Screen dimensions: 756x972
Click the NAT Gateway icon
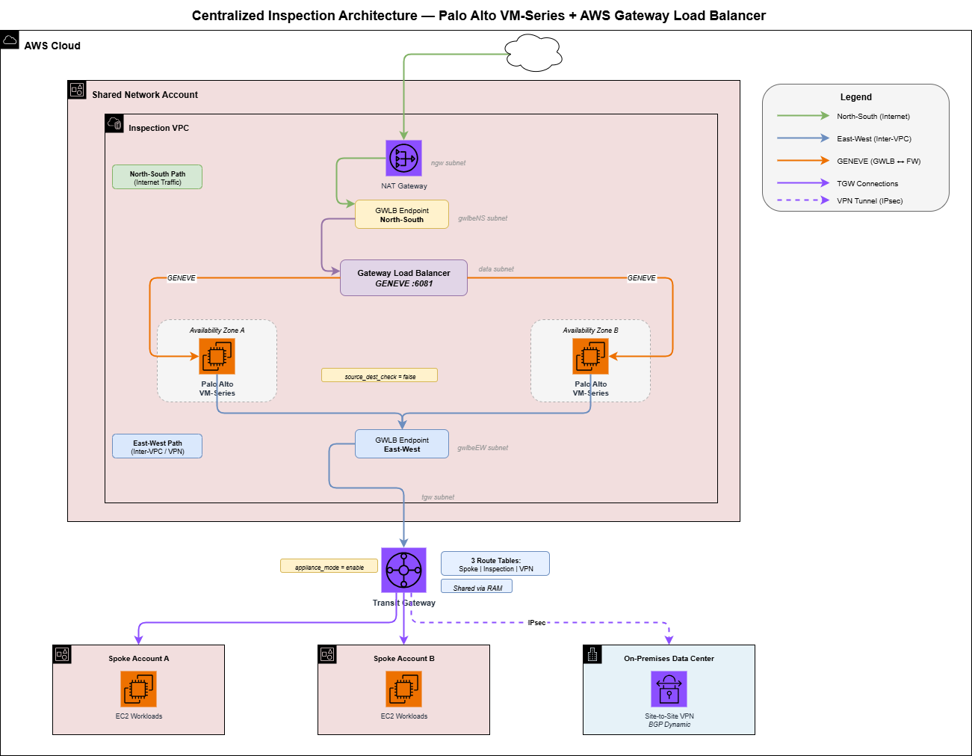click(403, 158)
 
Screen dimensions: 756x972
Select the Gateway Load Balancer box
click(403, 278)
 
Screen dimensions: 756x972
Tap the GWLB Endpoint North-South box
click(402, 215)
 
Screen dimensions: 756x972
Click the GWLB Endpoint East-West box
click(402, 444)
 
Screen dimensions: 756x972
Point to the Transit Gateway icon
click(403, 570)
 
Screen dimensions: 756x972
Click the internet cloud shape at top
click(533, 53)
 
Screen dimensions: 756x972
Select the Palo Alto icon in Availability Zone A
click(217, 356)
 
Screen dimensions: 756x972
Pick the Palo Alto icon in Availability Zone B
click(590, 356)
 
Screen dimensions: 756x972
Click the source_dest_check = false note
click(380, 375)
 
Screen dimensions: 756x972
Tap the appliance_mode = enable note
click(329, 566)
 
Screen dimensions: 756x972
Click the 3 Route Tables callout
click(495, 564)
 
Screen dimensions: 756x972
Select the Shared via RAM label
click(477, 587)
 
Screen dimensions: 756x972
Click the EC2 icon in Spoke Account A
click(139, 689)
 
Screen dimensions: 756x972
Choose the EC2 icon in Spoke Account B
click(404, 689)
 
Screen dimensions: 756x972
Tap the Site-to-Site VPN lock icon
click(669, 689)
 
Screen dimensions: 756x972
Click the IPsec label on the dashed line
click(536, 622)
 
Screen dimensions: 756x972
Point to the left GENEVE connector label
click(182, 278)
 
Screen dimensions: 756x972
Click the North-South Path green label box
click(157, 177)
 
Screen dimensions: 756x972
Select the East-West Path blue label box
click(157, 446)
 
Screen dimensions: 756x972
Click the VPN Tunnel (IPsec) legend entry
click(869, 200)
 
